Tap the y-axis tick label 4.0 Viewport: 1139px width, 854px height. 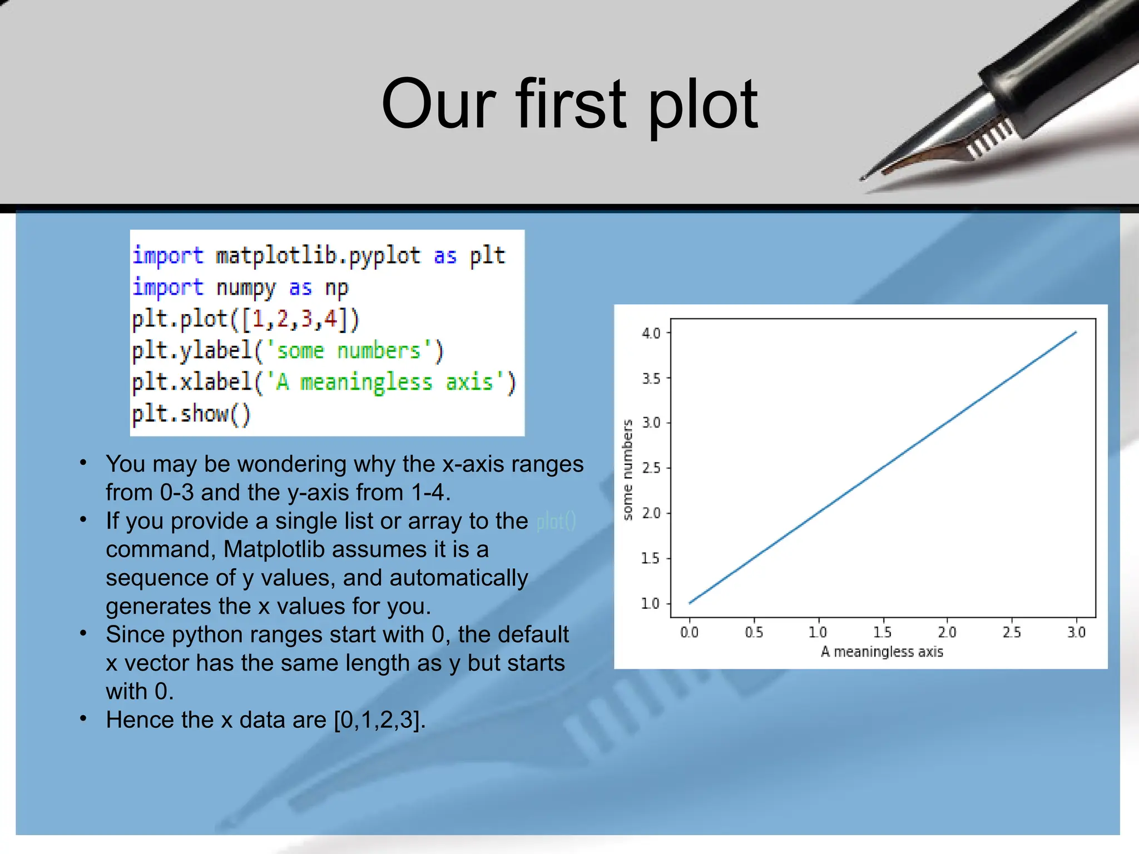click(x=651, y=334)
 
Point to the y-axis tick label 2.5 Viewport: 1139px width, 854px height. click(x=651, y=468)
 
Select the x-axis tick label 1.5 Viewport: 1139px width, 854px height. click(x=882, y=632)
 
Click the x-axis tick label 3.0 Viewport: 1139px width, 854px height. click(x=1076, y=632)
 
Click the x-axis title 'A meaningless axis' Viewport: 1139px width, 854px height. click(x=882, y=652)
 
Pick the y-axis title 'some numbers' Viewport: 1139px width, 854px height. click(x=628, y=469)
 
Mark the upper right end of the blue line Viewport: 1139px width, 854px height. click(x=1076, y=332)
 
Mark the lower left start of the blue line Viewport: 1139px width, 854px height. click(x=690, y=603)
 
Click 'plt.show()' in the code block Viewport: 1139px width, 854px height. click(x=191, y=414)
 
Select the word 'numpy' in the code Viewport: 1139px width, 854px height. click(x=245, y=288)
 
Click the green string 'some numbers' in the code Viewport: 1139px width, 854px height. click(x=349, y=351)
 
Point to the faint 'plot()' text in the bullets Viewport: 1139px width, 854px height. click(x=556, y=522)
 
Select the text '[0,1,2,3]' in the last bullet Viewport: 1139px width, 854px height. click(x=379, y=720)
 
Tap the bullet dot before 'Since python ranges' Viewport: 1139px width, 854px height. click(x=83, y=633)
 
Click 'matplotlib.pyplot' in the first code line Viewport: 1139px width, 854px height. click(x=318, y=256)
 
